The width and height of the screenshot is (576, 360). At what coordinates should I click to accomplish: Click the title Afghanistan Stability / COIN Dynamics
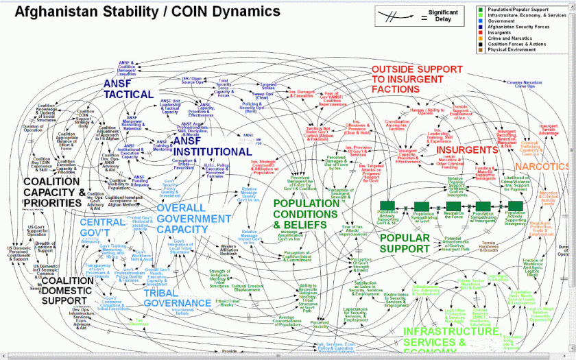147,12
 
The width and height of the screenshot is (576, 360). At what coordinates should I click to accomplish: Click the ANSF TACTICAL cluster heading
128,88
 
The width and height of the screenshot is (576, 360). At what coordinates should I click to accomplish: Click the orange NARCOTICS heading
543,167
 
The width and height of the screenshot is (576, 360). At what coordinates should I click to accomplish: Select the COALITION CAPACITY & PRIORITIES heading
54,192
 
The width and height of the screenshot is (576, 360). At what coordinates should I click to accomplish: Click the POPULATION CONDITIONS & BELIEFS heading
315,213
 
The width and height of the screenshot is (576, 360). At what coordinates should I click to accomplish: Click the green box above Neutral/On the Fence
451,205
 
